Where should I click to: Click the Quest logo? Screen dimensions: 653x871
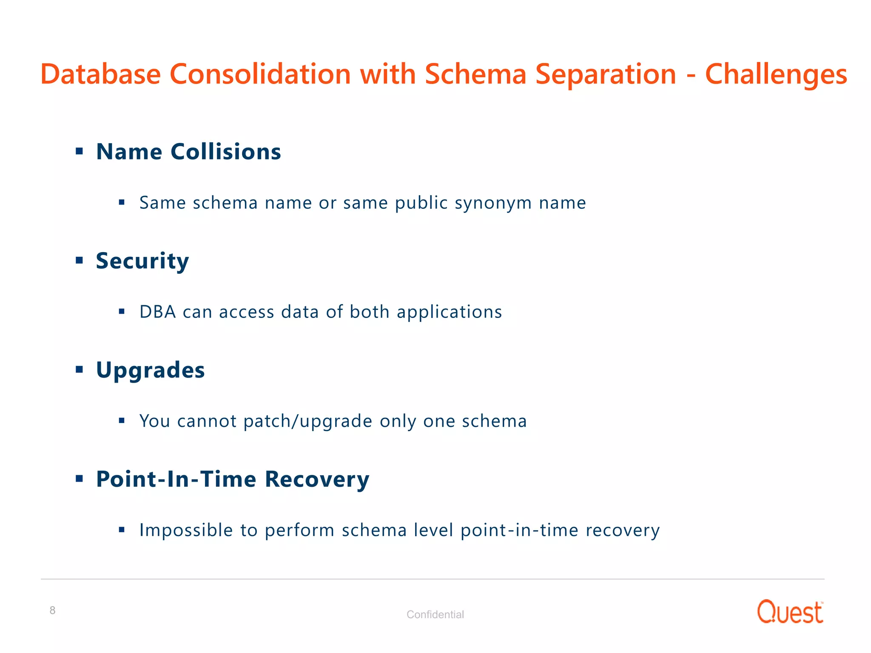pos(790,612)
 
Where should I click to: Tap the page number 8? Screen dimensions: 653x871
pos(52,610)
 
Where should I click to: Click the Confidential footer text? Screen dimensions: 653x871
pos(435,614)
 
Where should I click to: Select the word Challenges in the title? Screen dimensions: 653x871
pos(776,75)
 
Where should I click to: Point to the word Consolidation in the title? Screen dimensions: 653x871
pos(260,75)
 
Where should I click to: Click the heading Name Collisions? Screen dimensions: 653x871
pos(188,152)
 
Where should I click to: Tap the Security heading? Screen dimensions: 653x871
pos(142,261)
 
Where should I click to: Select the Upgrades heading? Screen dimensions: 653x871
pos(150,370)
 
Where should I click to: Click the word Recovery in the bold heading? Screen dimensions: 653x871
pos(317,479)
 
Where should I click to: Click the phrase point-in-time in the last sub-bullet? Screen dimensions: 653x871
pos(519,531)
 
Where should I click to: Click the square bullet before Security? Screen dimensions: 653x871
pos(79,260)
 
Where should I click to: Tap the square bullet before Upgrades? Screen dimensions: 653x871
pos(79,369)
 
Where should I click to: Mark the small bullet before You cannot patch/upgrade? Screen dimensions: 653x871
pos(122,421)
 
